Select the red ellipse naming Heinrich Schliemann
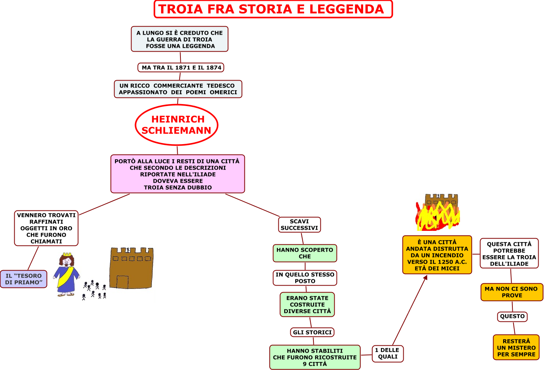pos(177,105)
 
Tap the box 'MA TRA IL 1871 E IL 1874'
pos(181,67)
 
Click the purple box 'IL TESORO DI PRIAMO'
pos(24,279)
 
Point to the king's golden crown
pos(67,254)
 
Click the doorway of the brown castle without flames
pos(122,282)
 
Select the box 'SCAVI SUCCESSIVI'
pos(300,225)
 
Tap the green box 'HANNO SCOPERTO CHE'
pos(305,253)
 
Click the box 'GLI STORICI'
pos(312,332)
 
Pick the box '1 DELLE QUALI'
pos(387,353)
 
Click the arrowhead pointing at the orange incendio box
pos(425,277)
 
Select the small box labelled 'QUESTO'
pos(512,316)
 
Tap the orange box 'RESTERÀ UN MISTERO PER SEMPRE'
pos(516,347)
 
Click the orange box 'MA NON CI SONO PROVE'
pos(512,292)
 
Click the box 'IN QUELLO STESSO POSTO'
pos(305,278)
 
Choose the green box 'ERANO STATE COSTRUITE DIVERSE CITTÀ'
pos(307,304)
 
